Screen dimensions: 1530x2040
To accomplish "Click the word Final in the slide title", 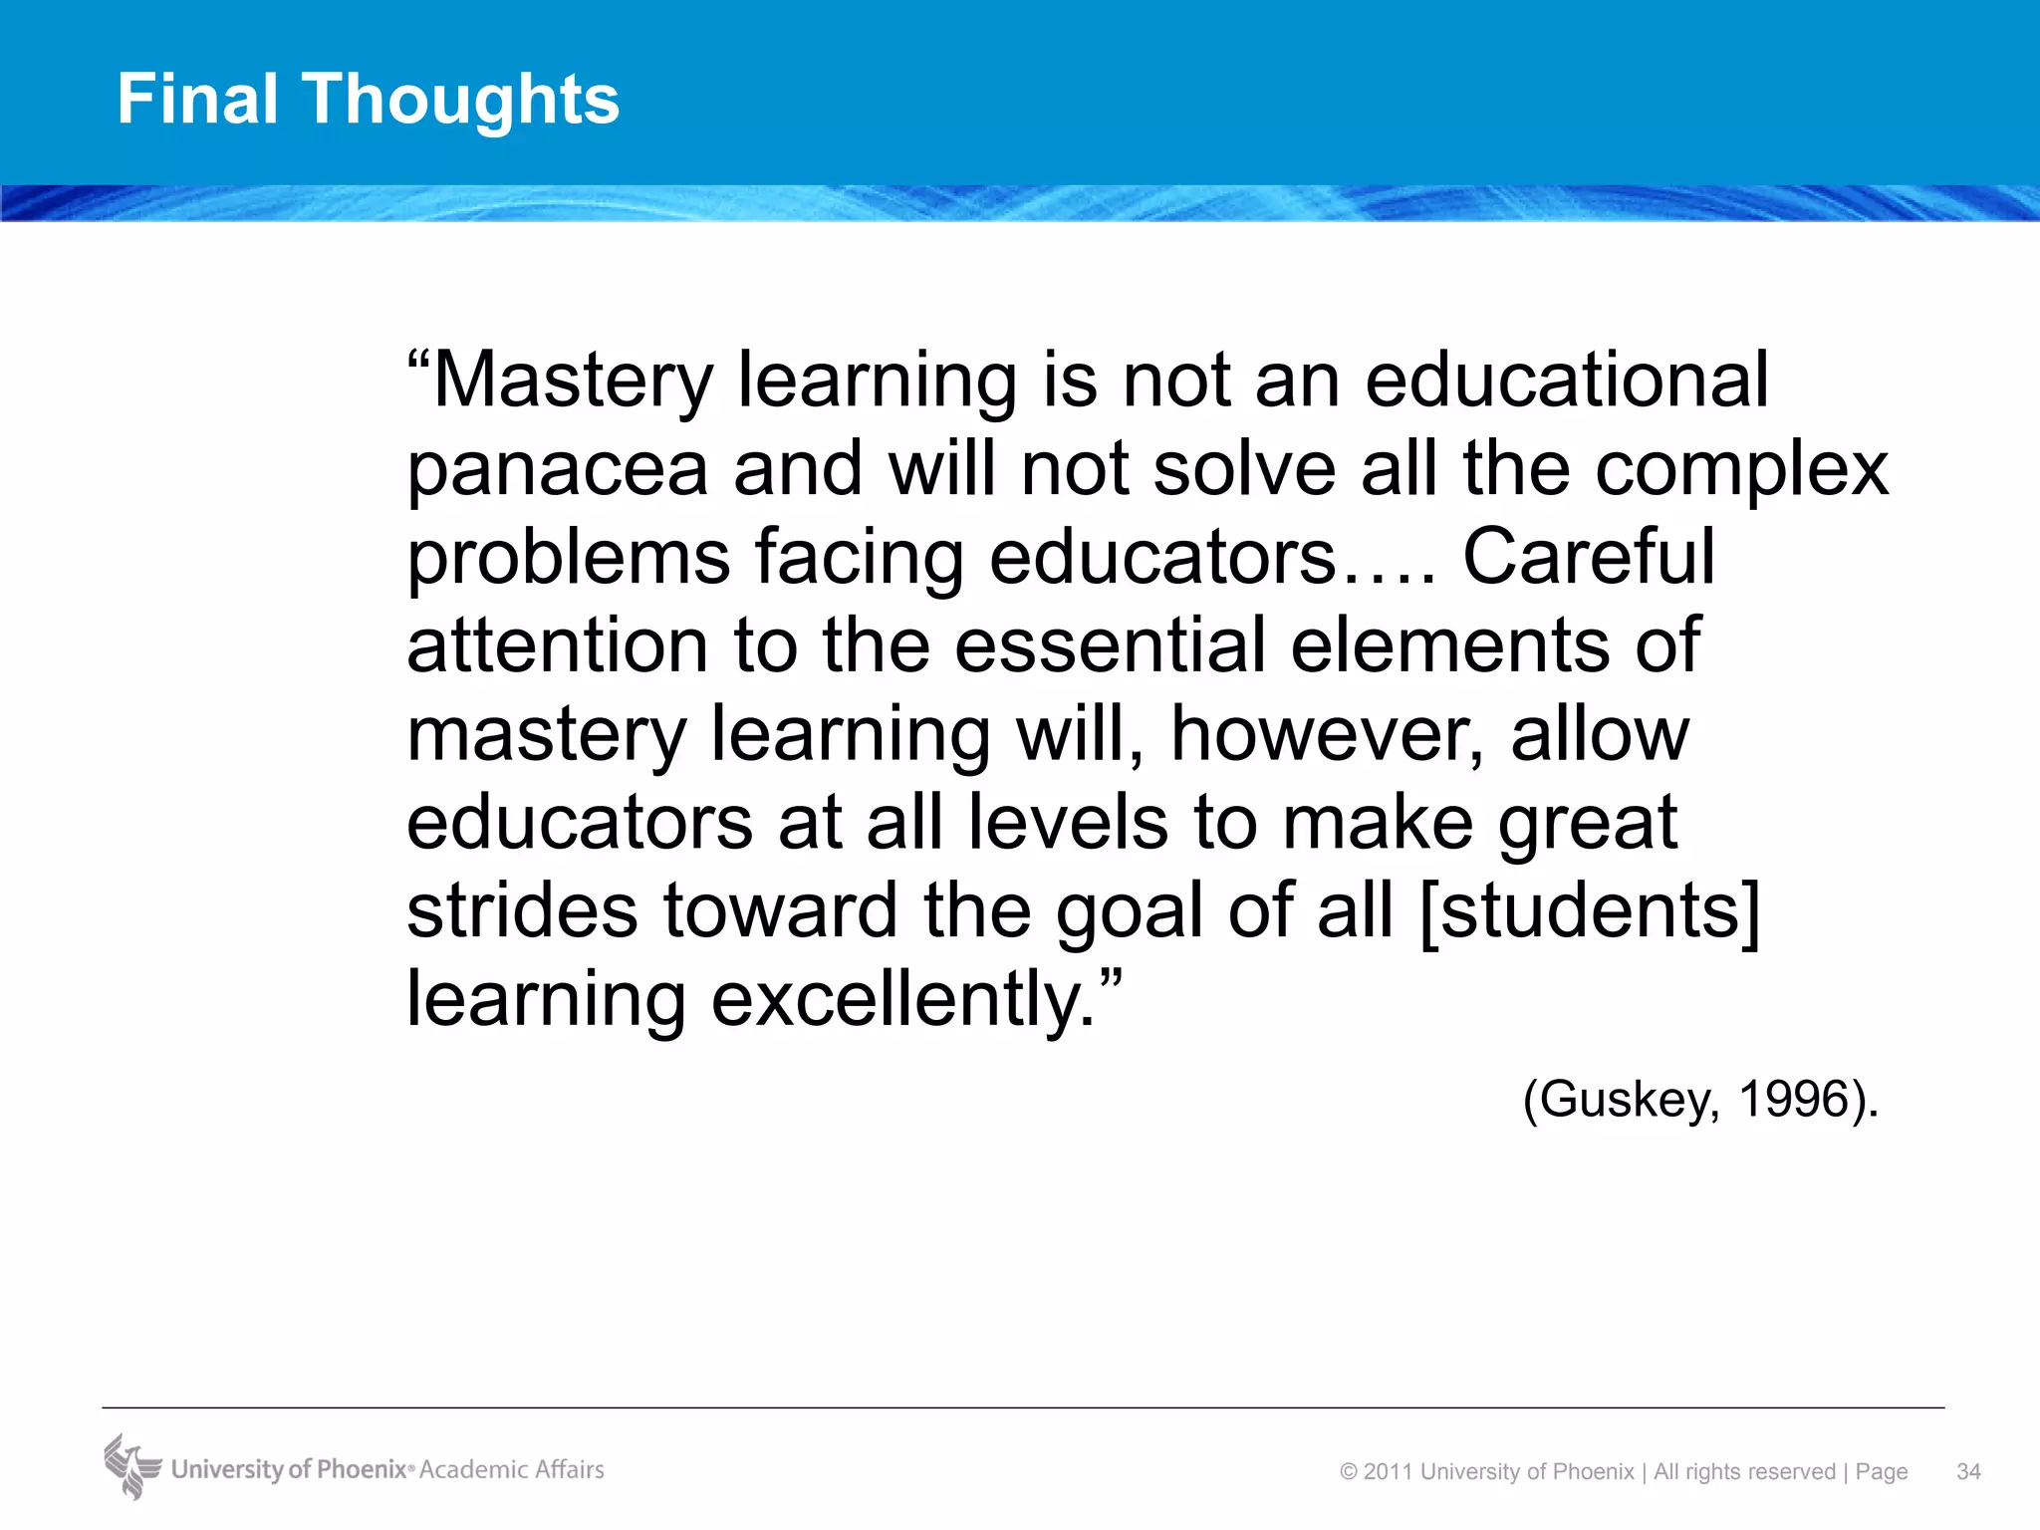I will pos(197,99).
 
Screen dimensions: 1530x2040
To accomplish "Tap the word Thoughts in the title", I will pos(460,101).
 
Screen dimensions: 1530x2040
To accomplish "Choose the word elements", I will pos(1450,644).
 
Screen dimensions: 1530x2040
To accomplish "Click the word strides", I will pos(522,910).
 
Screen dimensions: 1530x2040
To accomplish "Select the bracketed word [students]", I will pos(1590,910).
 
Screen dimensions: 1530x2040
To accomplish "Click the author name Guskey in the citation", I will pos(1628,1099).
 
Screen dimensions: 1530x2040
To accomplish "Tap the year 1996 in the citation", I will pos(1793,1099).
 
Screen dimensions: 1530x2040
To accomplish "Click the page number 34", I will pos(1968,1471).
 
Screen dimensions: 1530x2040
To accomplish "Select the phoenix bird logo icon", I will pos(131,1466).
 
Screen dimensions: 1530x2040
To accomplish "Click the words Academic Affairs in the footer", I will pos(512,1469).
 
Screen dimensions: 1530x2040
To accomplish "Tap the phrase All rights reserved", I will pos(1744,1471).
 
